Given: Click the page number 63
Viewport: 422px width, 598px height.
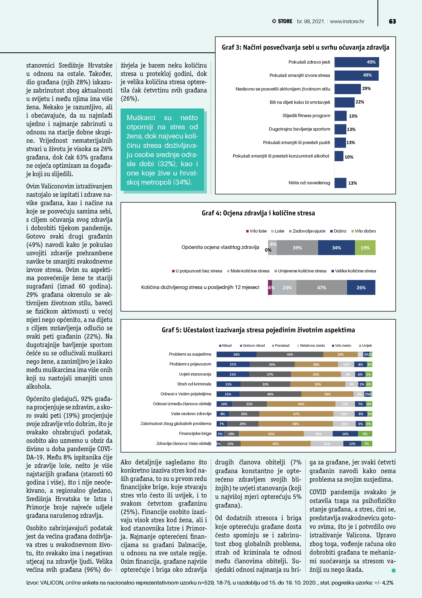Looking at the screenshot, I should point(392,21).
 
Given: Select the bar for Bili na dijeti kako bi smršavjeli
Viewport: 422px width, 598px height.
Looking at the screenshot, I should point(344,102).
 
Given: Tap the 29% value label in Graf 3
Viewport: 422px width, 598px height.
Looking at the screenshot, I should point(366,88).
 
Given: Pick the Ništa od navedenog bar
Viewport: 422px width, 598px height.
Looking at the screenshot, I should point(340,183).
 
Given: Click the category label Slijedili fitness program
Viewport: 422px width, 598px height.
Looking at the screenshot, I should point(306,116).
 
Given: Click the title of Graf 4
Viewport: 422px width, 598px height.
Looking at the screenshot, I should point(258,213).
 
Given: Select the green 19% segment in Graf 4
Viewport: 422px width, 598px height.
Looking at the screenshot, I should point(365,248).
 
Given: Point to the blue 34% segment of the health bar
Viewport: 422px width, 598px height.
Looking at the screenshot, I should point(336,248).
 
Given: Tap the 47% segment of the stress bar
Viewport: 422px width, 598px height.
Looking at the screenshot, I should point(321,288).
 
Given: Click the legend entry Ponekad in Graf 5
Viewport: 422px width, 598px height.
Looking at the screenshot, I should point(282,345).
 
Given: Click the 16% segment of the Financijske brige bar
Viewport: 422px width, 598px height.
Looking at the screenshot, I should point(345,434).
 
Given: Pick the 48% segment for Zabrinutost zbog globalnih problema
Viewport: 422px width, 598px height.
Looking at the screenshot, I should point(295,424).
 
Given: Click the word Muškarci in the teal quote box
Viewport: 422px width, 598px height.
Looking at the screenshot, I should point(141,118).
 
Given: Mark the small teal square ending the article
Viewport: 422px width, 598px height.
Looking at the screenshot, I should point(393,570).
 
